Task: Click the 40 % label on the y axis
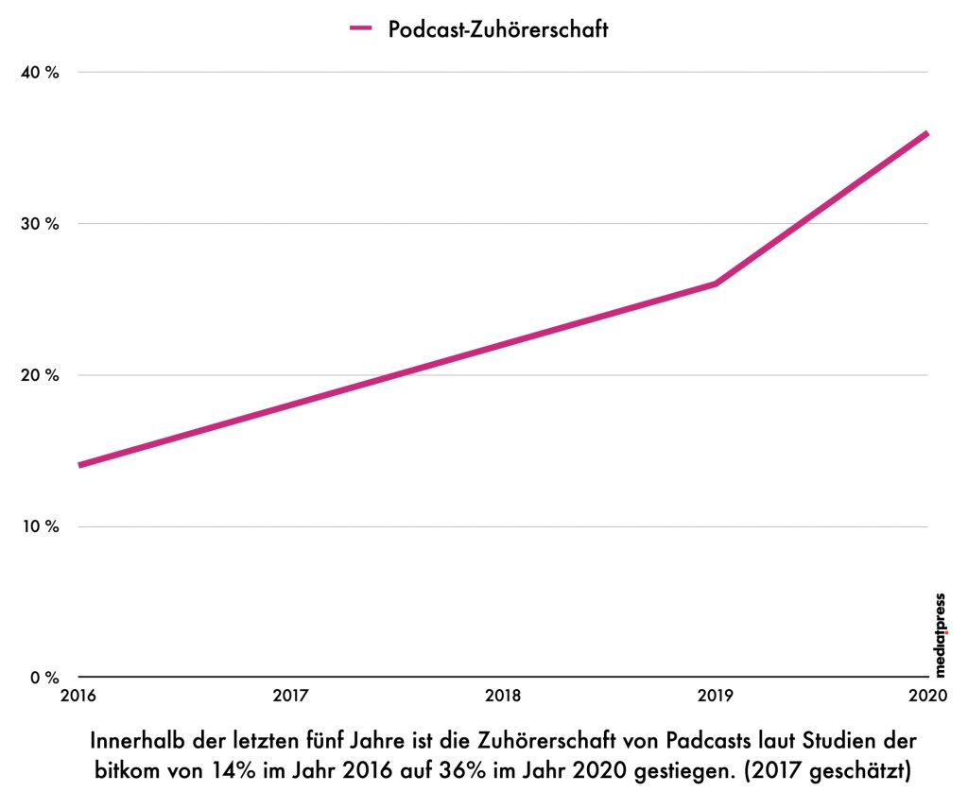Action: pos(40,73)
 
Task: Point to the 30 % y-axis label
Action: pos(40,224)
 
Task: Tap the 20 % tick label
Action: pos(40,375)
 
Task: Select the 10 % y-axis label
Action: pos(40,526)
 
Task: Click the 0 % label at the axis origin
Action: pos(44,678)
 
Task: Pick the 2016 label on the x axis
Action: pos(78,696)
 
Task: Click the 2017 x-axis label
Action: pos(291,696)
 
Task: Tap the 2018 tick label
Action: pos(503,696)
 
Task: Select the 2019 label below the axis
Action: pos(716,696)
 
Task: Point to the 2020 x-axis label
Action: pos(928,696)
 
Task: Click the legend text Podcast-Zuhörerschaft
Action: pos(498,29)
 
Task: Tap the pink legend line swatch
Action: pos(361,27)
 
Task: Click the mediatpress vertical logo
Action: pos(940,635)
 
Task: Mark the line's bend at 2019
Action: pos(716,284)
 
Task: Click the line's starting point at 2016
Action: pos(79,465)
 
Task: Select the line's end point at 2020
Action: pos(927,133)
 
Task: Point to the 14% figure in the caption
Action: pos(233,770)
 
